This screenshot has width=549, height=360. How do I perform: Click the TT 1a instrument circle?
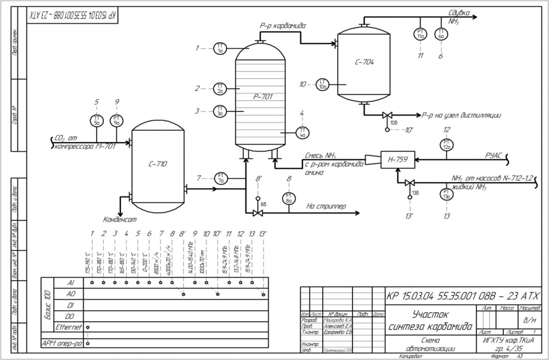[220, 48]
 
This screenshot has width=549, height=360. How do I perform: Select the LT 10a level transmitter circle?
[323, 85]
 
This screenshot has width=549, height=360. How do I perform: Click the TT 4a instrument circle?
[303, 132]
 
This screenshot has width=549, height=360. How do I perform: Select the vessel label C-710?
[158, 164]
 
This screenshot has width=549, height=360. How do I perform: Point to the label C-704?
[364, 63]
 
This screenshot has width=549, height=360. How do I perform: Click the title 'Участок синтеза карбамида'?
[430, 320]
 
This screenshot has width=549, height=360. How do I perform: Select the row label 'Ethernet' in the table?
[69, 327]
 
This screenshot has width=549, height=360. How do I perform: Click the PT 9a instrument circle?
[117, 121]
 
